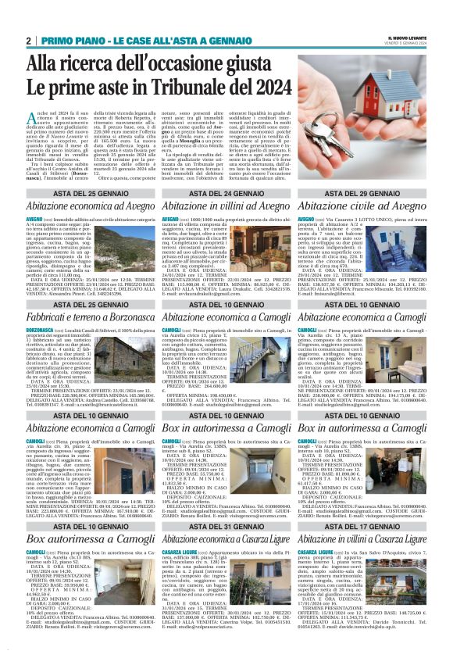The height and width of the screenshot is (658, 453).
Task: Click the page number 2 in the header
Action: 28,40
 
